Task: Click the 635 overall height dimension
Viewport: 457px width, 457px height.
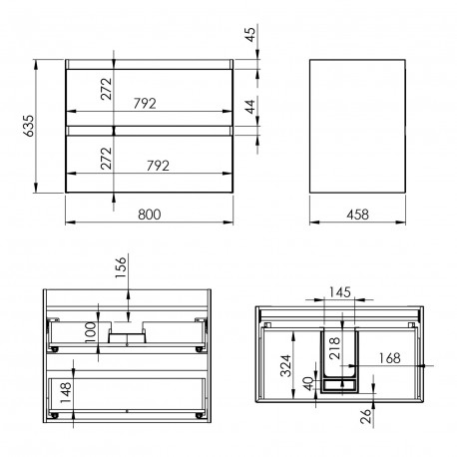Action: tap(29, 126)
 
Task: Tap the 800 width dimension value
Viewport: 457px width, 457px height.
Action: tap(150, 215)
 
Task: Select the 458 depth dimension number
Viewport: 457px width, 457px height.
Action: tap(357, 215)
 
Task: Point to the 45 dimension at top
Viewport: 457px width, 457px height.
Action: tap(250, 34)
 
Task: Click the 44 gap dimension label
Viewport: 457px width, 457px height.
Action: tap(250, 107)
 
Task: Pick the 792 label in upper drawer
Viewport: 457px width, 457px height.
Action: tap(145, 104)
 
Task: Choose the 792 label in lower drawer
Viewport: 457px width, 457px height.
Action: tap(158, 166)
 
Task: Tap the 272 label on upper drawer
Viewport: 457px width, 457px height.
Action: tap(107, 89)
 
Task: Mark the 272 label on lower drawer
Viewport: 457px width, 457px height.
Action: tap(107, 159)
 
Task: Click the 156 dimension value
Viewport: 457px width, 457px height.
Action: tap(121, 267)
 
